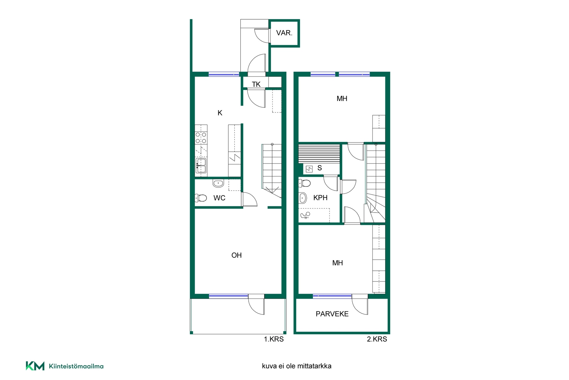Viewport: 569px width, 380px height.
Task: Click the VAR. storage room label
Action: pos(284,33)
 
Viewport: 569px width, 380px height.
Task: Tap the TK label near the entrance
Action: pos(256,84)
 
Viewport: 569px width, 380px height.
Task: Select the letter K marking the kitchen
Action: pos(220,113)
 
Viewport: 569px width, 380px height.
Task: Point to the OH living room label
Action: pos(236,255)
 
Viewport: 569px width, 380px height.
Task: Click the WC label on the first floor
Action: pos(219,198)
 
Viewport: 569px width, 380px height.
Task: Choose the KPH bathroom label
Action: pos(320,198)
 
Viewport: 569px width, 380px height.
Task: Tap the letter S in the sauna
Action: pos(319,168)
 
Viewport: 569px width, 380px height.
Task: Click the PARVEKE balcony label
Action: pos(332,314)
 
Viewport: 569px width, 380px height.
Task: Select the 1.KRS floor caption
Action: pos(274,339)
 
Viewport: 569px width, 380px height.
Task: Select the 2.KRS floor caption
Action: pos(377,339)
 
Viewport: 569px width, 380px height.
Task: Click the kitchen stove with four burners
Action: pos(201,138)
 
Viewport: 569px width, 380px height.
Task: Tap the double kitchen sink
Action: pos(201,166)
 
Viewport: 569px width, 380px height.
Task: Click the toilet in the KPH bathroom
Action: pos(304,183)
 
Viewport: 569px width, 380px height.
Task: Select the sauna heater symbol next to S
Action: pos(309,169)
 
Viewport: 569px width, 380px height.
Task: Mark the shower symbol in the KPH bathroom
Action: pos(305,215)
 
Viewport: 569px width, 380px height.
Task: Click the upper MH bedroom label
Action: pos(342,99)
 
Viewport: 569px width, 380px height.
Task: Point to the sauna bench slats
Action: pos(319,154)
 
